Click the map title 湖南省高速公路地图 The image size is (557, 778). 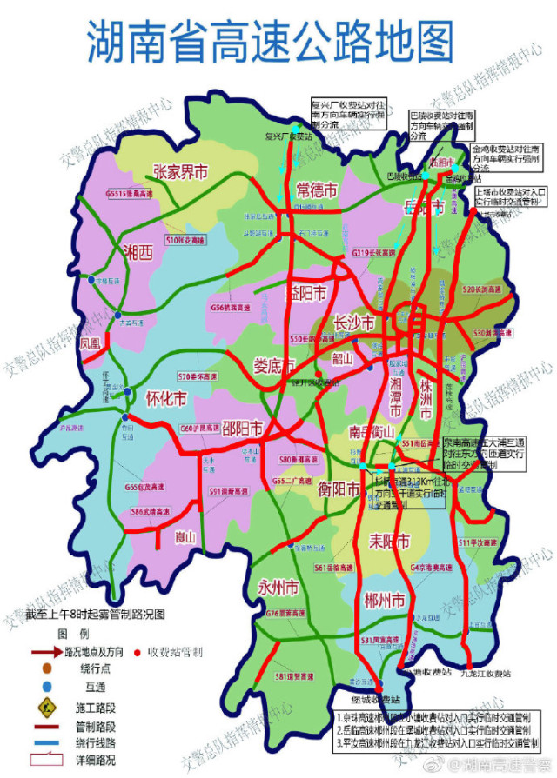pos(270,41)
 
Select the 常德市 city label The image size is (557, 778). pos(316,190)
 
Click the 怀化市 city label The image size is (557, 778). pos(166,400)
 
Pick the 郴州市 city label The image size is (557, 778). pos(386,601)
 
